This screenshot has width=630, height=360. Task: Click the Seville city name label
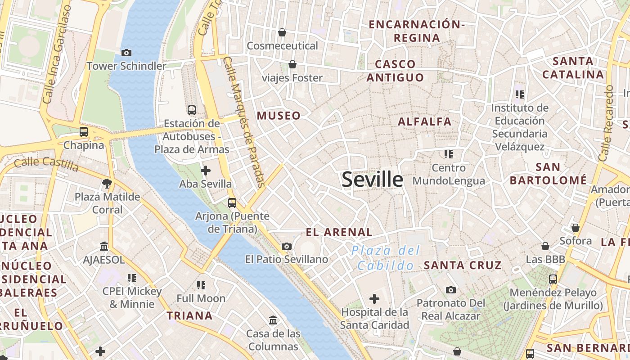(x=372, y=180)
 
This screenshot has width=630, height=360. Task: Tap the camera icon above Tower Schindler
(x=126, y=53)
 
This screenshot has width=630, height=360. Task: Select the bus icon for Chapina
(x=84, y=132)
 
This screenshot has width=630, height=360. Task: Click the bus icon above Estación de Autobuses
(x=192, y=110)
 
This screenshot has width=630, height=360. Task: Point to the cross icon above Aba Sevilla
(x=206, y=171)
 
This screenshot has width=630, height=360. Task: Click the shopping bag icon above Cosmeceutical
(x=282, y=32)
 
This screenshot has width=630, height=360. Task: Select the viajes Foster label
(x=292, y=78)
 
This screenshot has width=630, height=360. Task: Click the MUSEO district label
(x=279, y=116)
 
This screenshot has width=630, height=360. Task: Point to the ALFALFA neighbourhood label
(x=424, y=121)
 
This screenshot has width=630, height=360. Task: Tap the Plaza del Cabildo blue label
(x=386, y=258)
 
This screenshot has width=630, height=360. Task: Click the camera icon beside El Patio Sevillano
(x=287, y=246)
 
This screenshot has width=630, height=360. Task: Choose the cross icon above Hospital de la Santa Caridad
(x=374, y=299)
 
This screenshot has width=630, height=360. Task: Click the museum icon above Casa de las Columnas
(x=273, y=320)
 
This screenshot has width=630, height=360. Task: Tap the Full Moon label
(x=201, y=298)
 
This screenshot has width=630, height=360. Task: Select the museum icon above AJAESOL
(x=104, y=246)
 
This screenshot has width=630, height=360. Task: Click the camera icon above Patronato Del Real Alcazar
(x=451, y=290)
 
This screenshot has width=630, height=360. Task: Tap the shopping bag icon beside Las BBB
(x=545, y=246)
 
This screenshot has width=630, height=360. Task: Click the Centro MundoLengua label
(x=449, y=175)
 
